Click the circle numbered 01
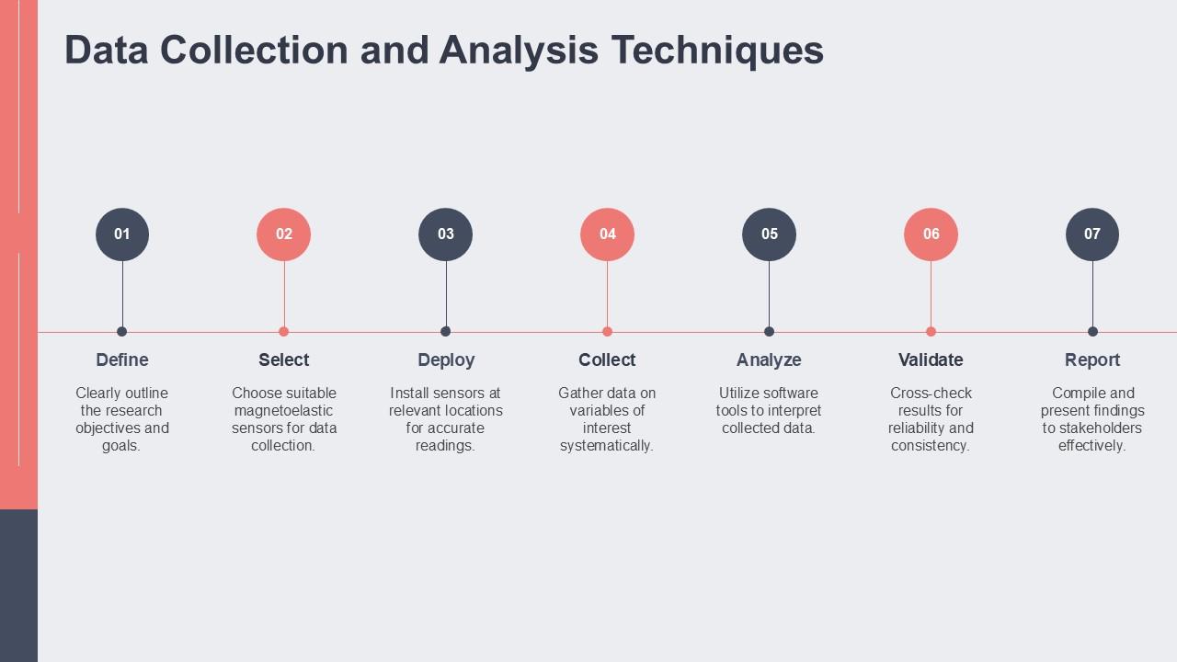[x=122, y=234]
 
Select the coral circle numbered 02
[x=284, y=234]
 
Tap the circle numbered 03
[x=446, y=234]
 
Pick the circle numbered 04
[x=608, y=234]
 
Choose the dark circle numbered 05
[x=770, y=234]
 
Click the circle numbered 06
[x=931, y=234]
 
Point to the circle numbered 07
[x=1092, y=234]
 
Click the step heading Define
[x=122, y=360]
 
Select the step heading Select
[x=284, y=360]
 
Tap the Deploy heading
[x=446, y=360]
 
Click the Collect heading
[x=607, y=360]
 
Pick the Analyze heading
[x=769, y=360]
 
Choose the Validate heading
[x=931, y=360]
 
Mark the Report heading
[x=1092, y=360]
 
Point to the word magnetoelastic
[x=283, y=410]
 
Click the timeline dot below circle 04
[x=607, y=332]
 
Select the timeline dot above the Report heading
[x=1092, y=332]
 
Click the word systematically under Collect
[x=607, y=446]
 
